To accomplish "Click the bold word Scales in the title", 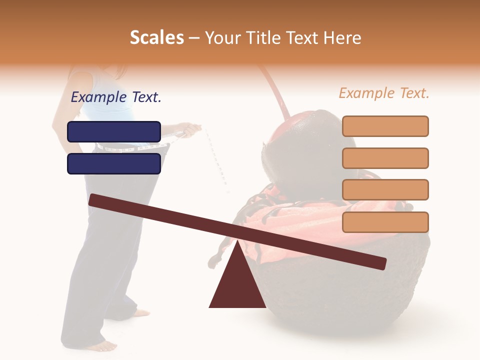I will coord(156,38).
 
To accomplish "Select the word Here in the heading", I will coord(343,38).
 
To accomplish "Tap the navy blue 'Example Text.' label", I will coord(116,97).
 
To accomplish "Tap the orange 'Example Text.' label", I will coord(384,93).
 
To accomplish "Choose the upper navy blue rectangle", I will coord(114,131).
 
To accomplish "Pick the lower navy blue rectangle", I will coord(114,163).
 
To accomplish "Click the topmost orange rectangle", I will coord(385,126).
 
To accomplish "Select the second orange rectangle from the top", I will coord(385,158).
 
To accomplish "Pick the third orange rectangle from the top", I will coord(385,190).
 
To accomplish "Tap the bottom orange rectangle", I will coord(385,222).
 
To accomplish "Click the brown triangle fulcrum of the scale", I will coord(237,282).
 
